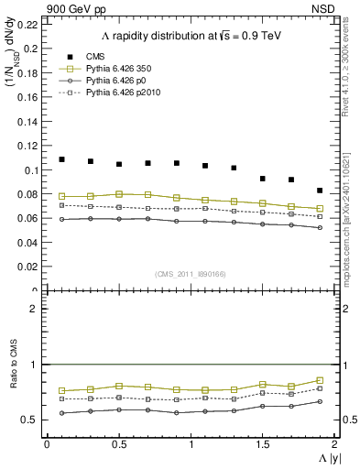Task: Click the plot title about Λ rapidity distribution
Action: point(191,36)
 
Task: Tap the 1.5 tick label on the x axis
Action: point(263,444)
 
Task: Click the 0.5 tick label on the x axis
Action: point(118,444)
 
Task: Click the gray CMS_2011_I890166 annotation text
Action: point(191,275)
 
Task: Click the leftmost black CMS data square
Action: point(61,159)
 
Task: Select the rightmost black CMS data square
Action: point(320,191)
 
